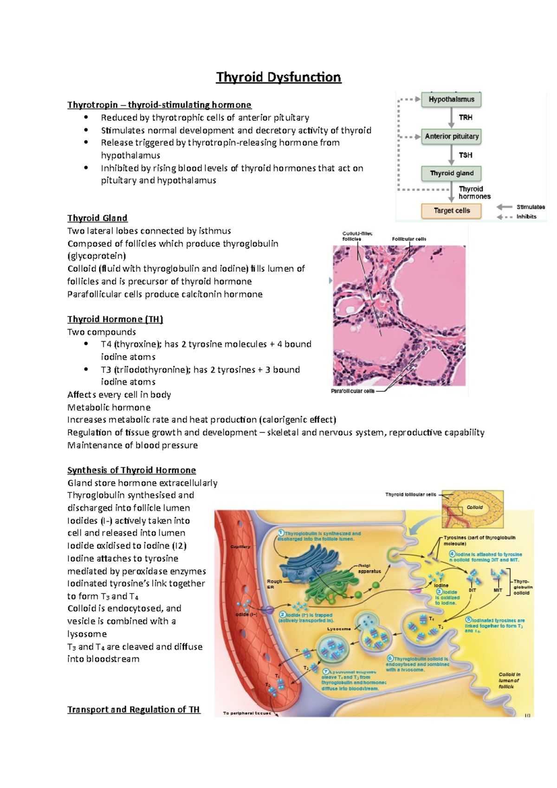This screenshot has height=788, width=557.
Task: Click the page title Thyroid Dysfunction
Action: click(278, 77)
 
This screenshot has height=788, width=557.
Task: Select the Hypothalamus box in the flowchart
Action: click(451, 99)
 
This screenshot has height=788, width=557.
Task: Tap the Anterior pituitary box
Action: click(451, 136)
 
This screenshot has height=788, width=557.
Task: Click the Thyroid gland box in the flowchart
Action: click(451, 174)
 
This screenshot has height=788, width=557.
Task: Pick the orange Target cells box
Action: click(451, 211)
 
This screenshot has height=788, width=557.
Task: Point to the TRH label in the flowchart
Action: click(466, 118)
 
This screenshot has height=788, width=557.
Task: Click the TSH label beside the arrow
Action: click(466, 155)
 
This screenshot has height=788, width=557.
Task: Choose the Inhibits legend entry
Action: click(526, 217)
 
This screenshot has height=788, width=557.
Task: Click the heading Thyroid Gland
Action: click(97, 218)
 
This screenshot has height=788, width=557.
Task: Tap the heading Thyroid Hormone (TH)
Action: click(115, 319)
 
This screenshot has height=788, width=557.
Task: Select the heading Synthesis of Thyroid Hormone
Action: click(131, 470)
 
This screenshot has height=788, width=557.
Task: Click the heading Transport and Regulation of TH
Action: click(134, 710)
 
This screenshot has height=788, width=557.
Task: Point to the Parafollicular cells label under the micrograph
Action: click(352, 391)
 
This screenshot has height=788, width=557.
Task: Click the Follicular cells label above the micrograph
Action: click(409, 239)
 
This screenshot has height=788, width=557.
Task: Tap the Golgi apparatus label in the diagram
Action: click(369, 568)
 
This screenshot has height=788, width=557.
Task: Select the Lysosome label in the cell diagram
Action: click(339, 629)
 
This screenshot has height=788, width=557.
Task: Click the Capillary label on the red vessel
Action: click(240, 547)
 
